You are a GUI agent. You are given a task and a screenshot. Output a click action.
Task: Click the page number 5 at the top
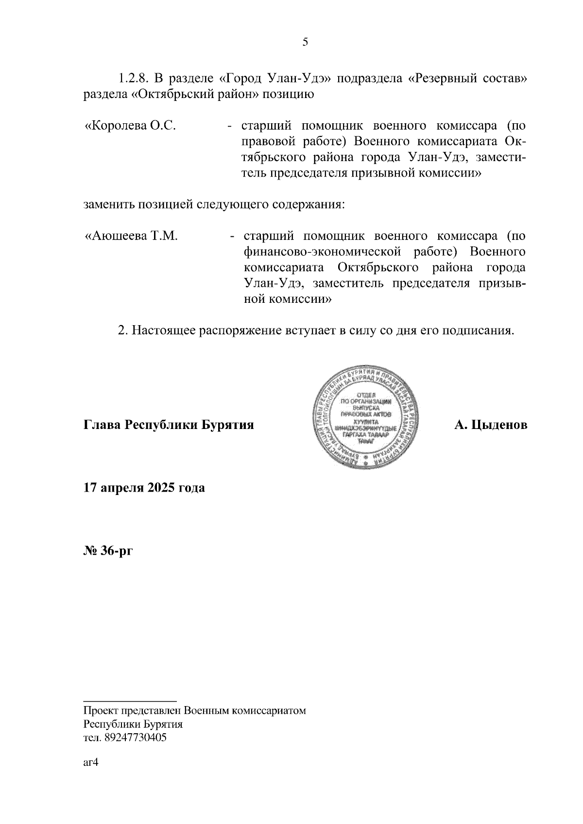(x=305, y=42)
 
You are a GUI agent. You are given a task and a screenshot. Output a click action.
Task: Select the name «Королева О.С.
(x=130, y=126)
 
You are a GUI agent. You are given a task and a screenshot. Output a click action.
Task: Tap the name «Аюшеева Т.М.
(x=131, y=236)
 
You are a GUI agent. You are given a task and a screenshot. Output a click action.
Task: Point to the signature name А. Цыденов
(x=491, y=426)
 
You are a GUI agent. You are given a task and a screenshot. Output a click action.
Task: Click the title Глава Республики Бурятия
(x=169, y=426)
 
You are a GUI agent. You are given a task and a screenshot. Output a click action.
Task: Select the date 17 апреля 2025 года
(x=144, y=488)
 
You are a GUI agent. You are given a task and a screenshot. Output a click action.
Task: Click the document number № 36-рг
(x=107, y=551)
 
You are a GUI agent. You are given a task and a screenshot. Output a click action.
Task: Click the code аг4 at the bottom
(x=91, y=762)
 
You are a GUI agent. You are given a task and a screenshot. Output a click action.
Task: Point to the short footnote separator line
(x=130, y=701)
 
